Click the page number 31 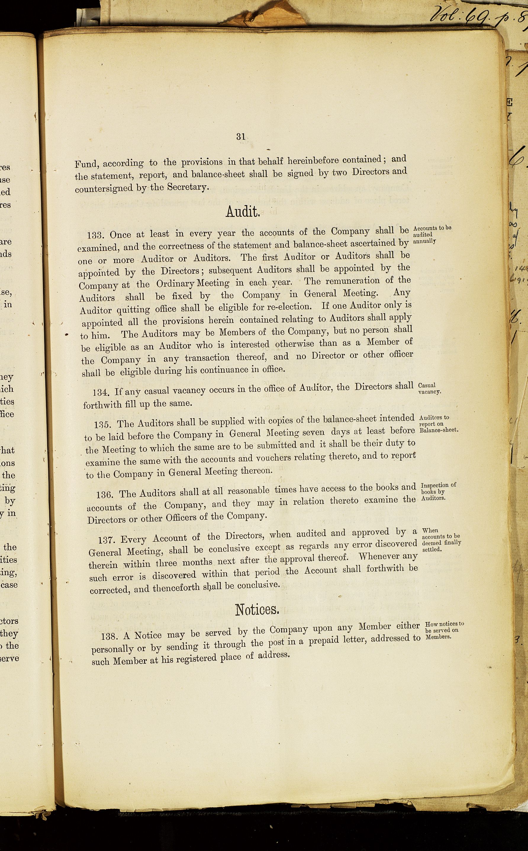pyautogui.click(x=241, y=136)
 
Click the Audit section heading pyautogui.click(x=243, y=211)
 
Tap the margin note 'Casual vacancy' pyautogui.click(x=429, y=388)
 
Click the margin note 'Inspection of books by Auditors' pyautogui.click(x=438, y=491)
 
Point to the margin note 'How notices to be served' pyautogui.click(x=444, y=630)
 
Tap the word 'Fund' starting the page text pyautogui.click(x=86, y=164)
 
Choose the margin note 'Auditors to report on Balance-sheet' pyautogui.click(x=438, y=423)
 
